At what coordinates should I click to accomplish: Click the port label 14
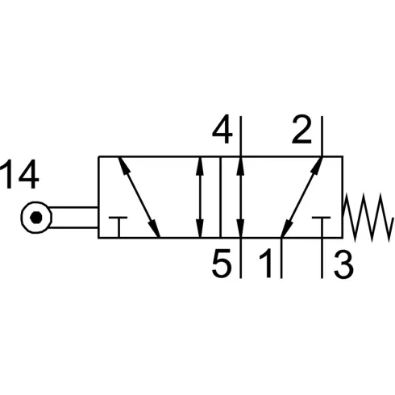click(x=19, y=175)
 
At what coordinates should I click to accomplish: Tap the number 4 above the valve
click(x=222, y=130)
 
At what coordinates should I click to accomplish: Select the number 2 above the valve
click(x=301, y=129)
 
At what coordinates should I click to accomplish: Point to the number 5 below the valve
click(x=222, y=263)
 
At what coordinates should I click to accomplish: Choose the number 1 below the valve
click(x=266, y=263)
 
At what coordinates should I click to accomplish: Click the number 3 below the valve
click(x=343, y=263)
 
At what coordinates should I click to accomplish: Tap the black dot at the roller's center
click(x=36, y=217)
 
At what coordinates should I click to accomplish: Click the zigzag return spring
click(x=368, y=217)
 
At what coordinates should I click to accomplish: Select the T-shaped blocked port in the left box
click(x=118, y=227)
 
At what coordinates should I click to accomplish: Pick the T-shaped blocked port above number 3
click(x=322, y=227)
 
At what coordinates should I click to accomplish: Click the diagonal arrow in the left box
click(x=139, y=197)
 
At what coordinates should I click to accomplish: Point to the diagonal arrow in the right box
click(x=301, y=197)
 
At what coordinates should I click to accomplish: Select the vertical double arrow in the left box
click(x=199, y=197)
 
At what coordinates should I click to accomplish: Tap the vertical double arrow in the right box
click(x=241, y=197)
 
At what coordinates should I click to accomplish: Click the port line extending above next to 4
click(x=241, y=136)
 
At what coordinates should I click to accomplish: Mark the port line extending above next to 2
click(x=322, y=136)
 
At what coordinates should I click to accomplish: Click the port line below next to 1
click(x=281, y=258)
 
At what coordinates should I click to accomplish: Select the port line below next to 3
click(x=322, y=258)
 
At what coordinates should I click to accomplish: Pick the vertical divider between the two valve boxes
click(x=220, y=197)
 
